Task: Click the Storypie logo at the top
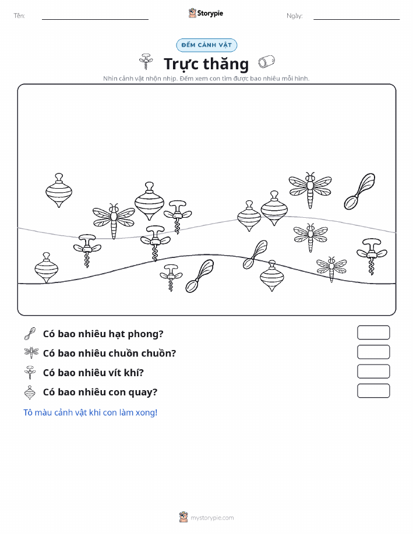point(206,13)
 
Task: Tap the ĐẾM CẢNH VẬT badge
point(206,45)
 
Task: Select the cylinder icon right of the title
point(266,62)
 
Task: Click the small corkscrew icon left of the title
point(146,61)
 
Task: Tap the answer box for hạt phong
point(373,333)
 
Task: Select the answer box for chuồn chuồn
point(373,352)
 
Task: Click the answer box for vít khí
point(373,371)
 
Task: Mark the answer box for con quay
point(373,391)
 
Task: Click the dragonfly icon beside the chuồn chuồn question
point(31,352)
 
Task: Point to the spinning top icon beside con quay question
point(30,392)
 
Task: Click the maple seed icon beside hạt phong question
point(30,334)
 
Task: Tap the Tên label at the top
point(19,16)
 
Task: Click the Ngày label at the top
point(294,16)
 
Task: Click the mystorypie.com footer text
point(212,518)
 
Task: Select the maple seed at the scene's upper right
point(359,192)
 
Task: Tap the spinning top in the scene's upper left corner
point(59,190)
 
